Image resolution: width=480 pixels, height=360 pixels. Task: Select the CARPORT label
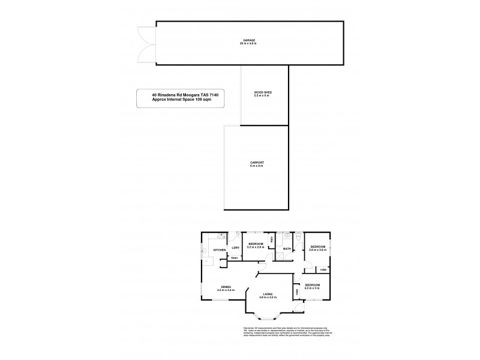click(257, 163)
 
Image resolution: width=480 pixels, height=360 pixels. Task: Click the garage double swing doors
click(146, 44)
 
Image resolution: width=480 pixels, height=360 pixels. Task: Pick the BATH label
click(287, 248)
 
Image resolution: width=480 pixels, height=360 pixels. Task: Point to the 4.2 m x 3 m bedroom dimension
click(316, 288)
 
